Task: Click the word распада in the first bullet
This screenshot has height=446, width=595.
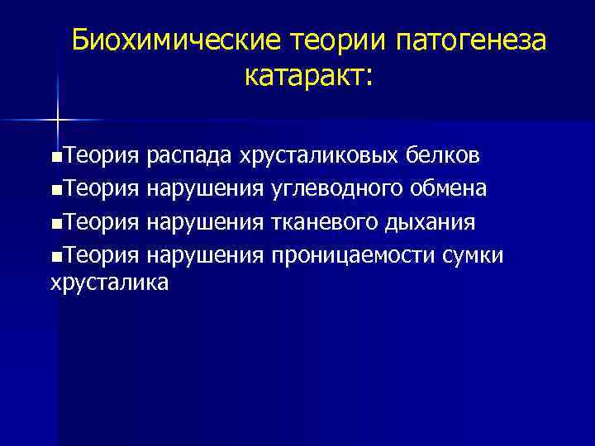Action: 189,154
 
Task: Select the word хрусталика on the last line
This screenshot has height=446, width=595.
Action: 110,282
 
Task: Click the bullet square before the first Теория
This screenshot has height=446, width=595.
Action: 55,156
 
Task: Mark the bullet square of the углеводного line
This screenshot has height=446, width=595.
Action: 55,188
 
